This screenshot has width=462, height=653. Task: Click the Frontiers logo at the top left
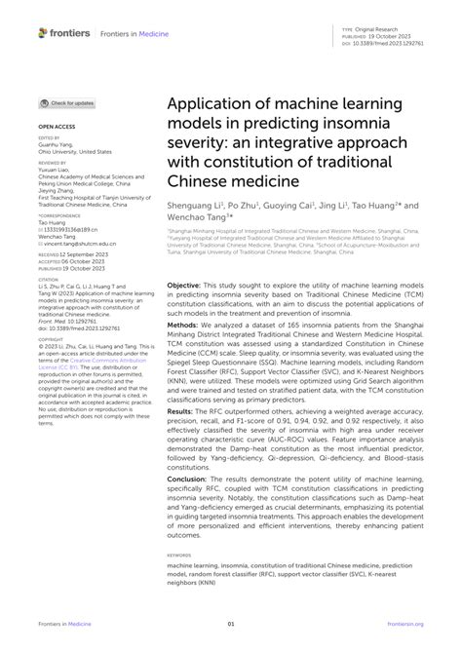pos(66,33)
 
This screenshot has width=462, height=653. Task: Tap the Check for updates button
pos(68,102)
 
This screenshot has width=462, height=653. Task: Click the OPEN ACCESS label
pos(56,128)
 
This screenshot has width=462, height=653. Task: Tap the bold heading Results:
pos(181,410)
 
